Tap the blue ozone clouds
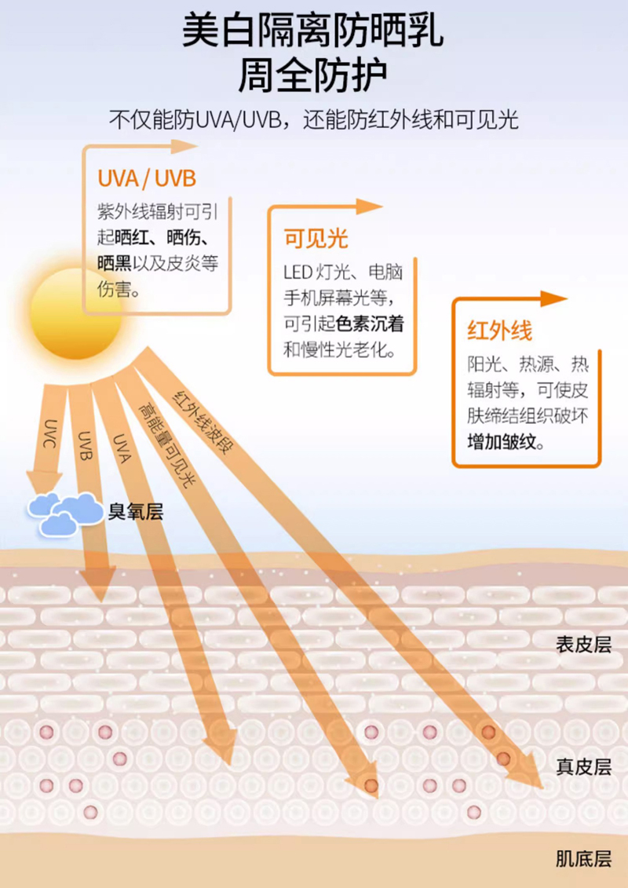[64, 513]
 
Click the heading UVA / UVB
[147, 177]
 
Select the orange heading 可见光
[316, 239]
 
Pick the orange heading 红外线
[499, 330]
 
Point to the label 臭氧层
[135, 513]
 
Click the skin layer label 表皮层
[583, 645]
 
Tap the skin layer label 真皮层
[583, 766]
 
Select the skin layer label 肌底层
[583, 858]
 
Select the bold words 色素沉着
[371, 324]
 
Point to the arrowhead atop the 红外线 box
[553, 298]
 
